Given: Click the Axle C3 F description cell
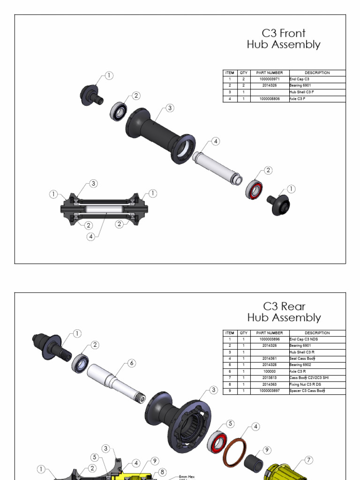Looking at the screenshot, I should [298, 99].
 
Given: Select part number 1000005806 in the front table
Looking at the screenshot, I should [270, 99].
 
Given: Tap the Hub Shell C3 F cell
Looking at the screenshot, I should [301, 92].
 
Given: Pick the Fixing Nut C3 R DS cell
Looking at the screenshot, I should [305, 384].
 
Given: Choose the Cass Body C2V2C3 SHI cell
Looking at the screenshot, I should [309, 378].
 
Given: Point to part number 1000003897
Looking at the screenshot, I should [270, 391].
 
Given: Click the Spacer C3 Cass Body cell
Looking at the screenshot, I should [307, 391].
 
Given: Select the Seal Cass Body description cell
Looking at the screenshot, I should [302, 358].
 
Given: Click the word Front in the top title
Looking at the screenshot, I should [292, 33].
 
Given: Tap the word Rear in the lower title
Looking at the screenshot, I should [293, 307].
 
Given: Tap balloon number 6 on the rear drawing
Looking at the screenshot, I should [132, 363].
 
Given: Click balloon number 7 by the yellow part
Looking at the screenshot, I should [309, 460].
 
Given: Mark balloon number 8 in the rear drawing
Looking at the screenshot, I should [162, 472].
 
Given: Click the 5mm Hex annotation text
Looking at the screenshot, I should [187, 477].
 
